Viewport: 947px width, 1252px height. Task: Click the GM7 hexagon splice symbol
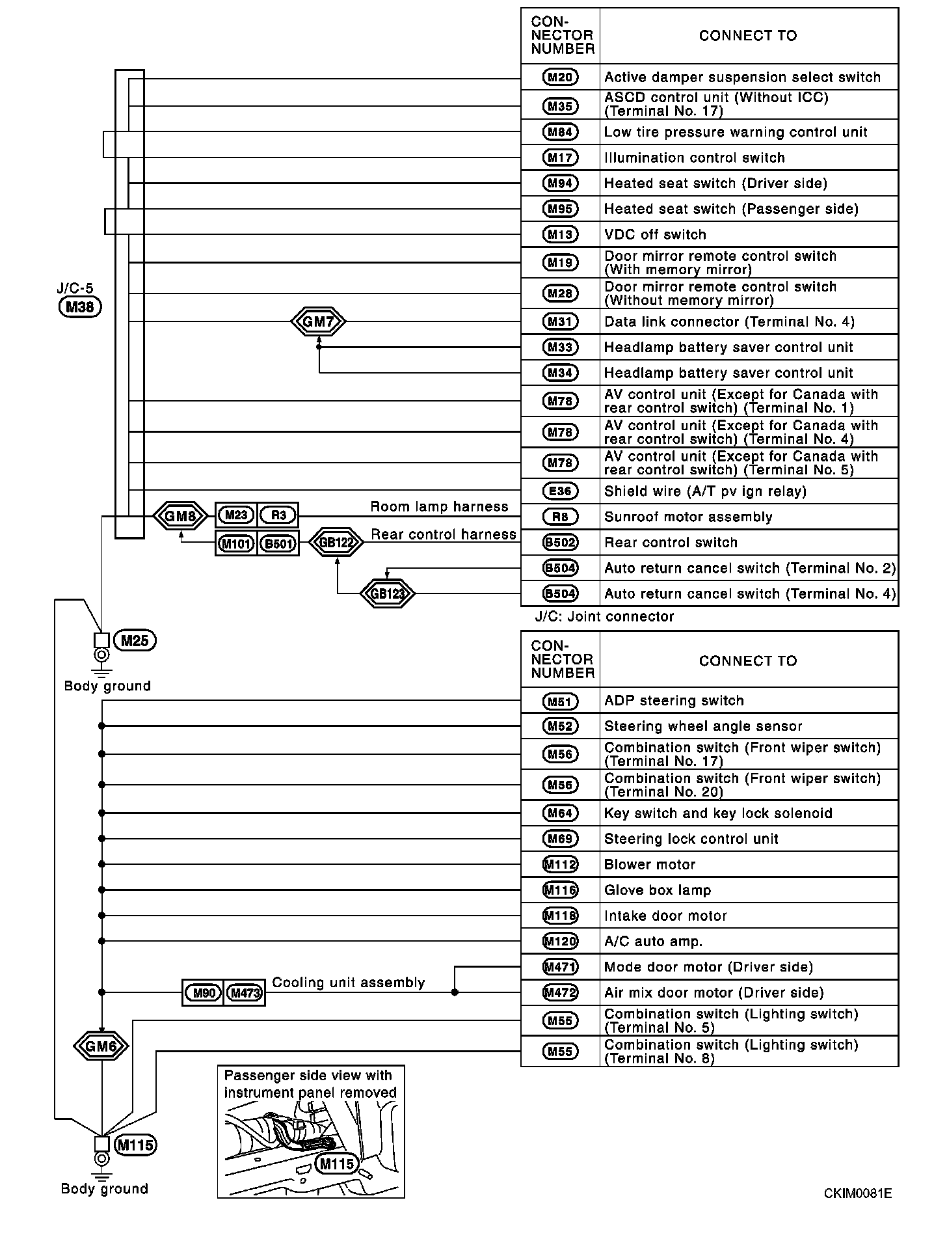coord(318,321)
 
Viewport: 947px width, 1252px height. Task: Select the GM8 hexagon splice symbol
coord(180,517)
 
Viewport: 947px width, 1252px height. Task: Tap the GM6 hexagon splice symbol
coord(101,1046)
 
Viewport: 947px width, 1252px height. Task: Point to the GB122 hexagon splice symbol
coord(336,543)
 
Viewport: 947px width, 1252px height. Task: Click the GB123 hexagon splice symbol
coord(387,593)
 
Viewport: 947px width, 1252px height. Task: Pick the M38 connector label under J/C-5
coord(80,307)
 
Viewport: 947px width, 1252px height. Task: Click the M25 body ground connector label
coord(135,641)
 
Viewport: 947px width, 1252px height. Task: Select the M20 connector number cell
coord(560,77)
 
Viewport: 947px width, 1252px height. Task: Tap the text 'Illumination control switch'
coord(694,157)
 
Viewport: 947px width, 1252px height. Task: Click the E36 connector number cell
coord(560,491)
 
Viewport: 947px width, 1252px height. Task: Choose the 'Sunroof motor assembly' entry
coord(688,517)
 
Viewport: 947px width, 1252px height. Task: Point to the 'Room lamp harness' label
coord(439,507)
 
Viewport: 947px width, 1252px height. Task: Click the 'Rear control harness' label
coord(444,534)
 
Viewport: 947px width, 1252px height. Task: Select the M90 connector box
coord(204,993)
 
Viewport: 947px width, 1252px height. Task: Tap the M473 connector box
coord(245,993)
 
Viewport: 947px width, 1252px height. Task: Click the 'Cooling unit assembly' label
coord(348,983)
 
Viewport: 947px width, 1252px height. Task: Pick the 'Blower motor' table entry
coord(650,864)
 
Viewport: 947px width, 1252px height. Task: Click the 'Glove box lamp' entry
coord(658,890)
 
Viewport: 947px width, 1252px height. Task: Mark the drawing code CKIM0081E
coord(857,1193)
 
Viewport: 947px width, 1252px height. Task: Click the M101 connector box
coord(235,543)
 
